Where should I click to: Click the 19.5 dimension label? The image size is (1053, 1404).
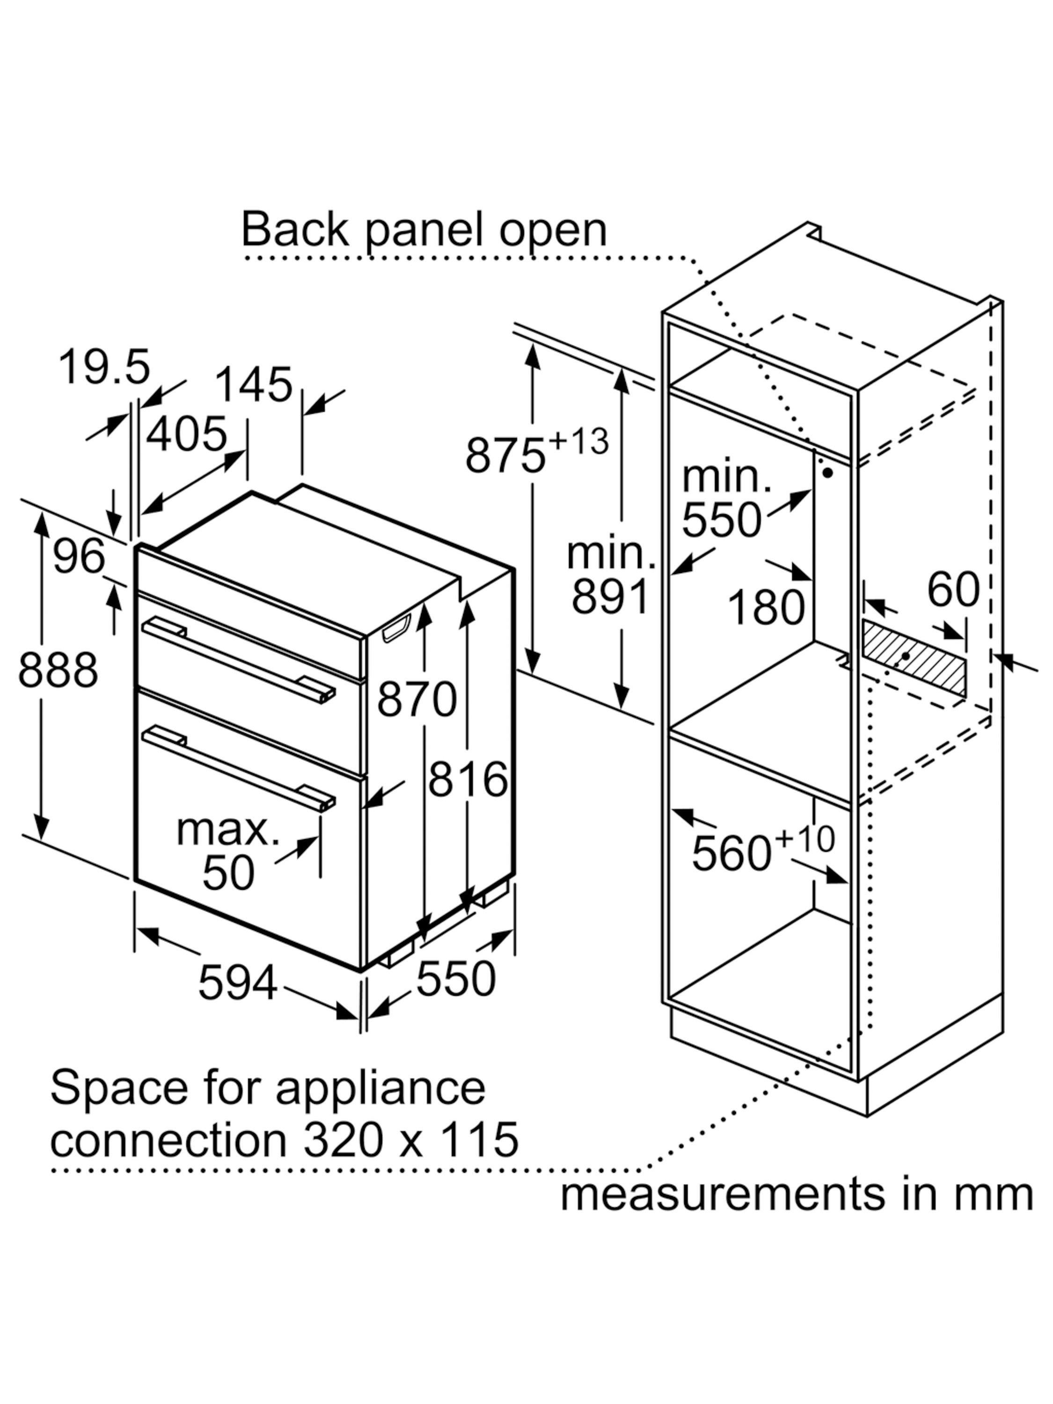point(105,367)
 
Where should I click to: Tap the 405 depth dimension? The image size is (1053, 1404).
point(187,435)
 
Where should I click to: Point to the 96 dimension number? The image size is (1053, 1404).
point(79,556)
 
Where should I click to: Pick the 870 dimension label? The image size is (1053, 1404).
point(417,699)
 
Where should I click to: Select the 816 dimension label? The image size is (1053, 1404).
point(468,779)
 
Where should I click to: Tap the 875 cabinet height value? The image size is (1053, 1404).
point(505,454)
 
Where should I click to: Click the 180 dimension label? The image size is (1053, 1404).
point(766,607)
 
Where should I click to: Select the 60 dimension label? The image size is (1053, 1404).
point(953,590)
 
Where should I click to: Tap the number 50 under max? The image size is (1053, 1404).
point(228,873)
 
